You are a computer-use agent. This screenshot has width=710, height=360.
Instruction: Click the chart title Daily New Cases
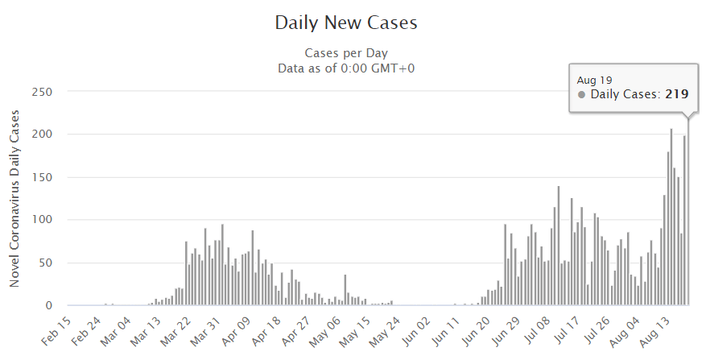(x=346, y=22)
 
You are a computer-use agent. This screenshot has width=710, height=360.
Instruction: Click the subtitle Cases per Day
(x=346, y=53)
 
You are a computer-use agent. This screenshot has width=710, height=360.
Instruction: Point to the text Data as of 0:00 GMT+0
(x=346, y=68)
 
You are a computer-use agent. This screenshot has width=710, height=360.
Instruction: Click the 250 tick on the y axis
(x=41, y=92)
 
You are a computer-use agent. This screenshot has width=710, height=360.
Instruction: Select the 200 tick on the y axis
(x=41, y=134)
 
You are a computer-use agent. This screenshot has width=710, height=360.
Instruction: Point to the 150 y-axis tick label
(x=41, y=177)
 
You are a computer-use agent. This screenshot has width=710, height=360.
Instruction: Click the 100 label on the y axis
(x=41, y=220)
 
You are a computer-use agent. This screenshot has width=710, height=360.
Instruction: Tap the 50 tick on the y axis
(x=44, y=263)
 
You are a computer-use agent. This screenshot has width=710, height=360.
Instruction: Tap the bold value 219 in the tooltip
(x=676, y=94)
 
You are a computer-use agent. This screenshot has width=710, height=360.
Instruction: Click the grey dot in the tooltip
(x=582, y=95)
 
